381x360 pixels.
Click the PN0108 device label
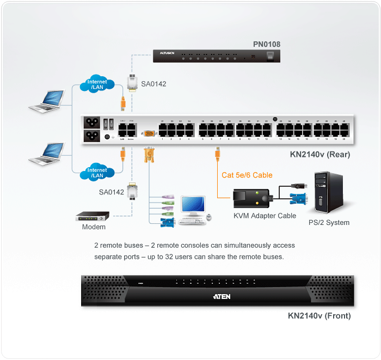[x=267, y=44]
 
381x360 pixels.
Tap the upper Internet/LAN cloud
[x=97, y=85]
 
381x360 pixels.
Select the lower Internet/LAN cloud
[x=97, y=173]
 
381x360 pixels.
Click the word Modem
[x=94, y=227]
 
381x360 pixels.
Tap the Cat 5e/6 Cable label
[x=247, y=175]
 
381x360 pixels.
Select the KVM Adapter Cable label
[x=265, y=216]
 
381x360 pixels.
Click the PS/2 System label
[x=329, y=222]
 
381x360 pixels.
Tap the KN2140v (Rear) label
[x=320, y=155]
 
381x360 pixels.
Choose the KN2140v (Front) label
[x=319, y=315]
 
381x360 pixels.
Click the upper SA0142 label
[x=153, y=84]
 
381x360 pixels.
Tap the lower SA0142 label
[x=111, y=192]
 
